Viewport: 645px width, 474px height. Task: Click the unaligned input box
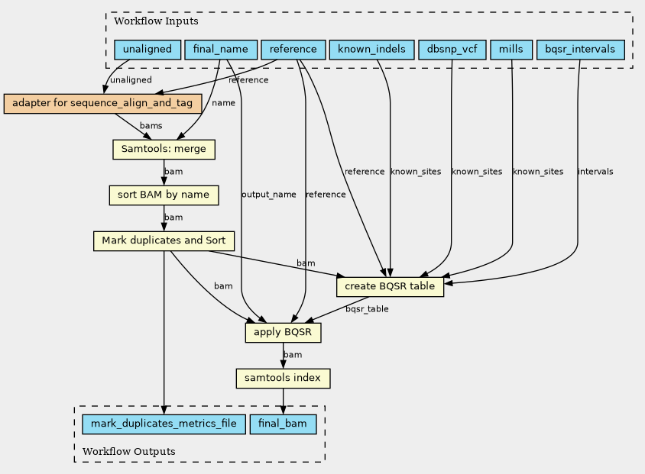[x=147, y=50]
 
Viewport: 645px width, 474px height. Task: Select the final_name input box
[x=221, y=50]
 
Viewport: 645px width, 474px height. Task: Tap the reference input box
[x=293, y=50]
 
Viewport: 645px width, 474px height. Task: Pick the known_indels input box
[x=372, y=50]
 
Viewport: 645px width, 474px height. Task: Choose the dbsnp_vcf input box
[x=452, y=50]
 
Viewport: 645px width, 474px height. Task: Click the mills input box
[x=511, y=50]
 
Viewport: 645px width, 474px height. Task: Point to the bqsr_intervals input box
[x=580, y=50]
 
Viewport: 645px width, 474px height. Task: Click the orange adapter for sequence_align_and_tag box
[x=103, y=104]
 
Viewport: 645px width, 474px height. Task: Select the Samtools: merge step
[x=164, y=150]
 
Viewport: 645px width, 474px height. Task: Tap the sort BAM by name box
[x=164, y=195]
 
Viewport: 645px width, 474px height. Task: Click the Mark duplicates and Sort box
[x=164, y=241]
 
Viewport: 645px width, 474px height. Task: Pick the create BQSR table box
[x=390, y=287]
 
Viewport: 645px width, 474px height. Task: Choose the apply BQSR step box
[x=283, y=333]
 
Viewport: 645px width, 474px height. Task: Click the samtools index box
[x=283, y=379]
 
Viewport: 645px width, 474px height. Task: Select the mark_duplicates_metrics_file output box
[x=164, y=424]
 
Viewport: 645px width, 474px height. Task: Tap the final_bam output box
[x=283, y=424]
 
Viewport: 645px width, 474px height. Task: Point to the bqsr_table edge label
[x=367, y=309]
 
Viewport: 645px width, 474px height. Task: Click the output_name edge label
[x=268, y=195]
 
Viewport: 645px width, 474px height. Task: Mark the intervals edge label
[x=595, y=171]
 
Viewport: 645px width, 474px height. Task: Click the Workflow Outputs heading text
[x=128, y=451]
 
